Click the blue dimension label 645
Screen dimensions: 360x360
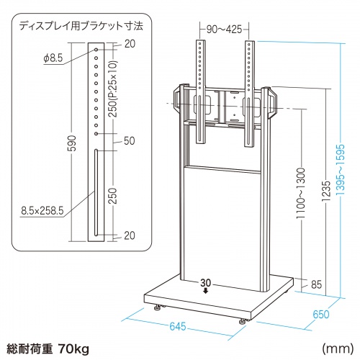pos(178,326)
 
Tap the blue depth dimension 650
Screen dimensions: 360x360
pos(321,315)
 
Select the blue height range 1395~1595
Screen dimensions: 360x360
pos(340,170)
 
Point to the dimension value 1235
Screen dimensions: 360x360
pos(326,191)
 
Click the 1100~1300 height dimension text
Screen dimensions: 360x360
pos(301,194)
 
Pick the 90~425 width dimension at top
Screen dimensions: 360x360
pos(224,30)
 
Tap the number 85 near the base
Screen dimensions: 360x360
pos(316,284)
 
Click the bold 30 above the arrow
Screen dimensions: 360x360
pos(206,283)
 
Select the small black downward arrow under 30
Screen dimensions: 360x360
pos(206,291)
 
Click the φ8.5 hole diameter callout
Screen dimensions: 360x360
pos(53,58)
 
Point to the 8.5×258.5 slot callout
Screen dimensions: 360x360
pos(42,211)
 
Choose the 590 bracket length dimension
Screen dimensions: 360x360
pos(73,143)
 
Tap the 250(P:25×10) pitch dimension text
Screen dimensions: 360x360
pos(113,89)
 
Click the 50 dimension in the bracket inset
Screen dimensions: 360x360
pos(130,141)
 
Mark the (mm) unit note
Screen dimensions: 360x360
pos(338,348)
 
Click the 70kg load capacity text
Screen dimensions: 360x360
pos(73,348)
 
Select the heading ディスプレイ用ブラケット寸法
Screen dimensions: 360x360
pos(81,26)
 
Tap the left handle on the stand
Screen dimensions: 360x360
pos(177,100)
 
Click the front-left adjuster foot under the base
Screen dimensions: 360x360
pos(158,307)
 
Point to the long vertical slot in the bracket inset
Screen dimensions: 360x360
pos(96,192)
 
